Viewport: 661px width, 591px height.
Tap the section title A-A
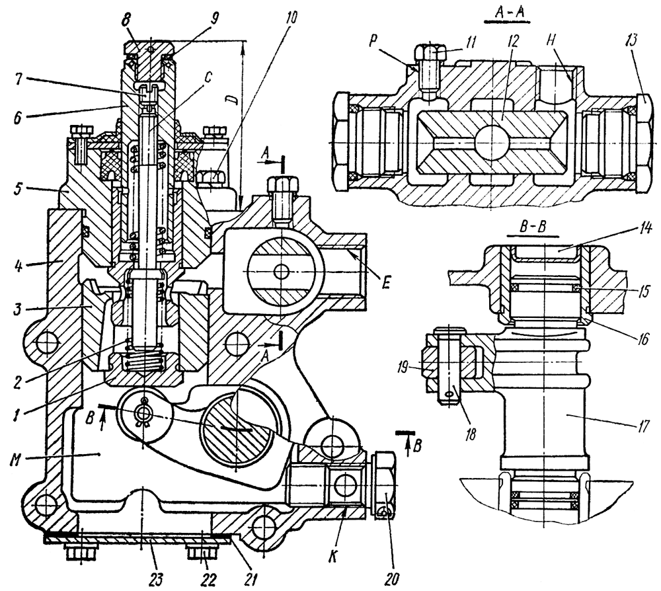pyautogui.click(x=500, y=12)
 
